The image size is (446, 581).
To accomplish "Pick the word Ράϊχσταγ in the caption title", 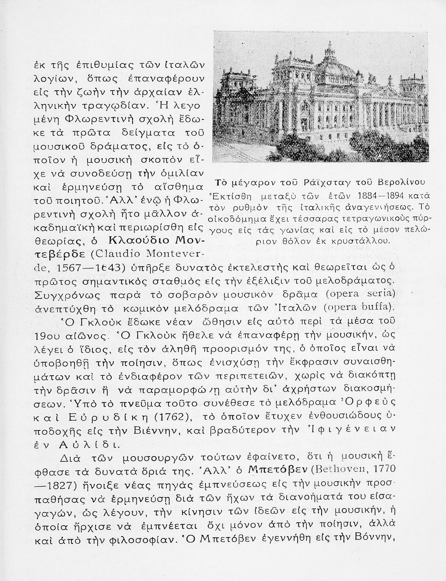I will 331,182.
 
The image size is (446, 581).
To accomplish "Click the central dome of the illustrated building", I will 329,58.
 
